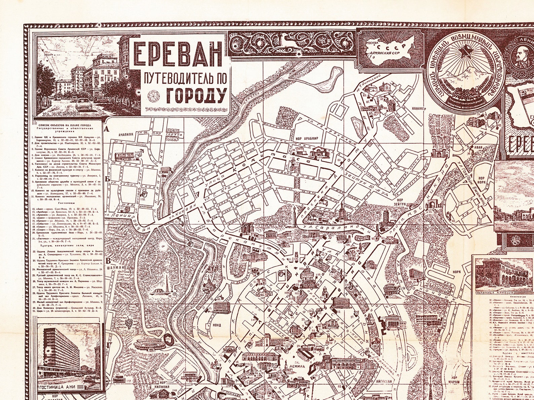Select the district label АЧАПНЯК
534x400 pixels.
coord(126,134)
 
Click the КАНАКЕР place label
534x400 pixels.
coord(418,109)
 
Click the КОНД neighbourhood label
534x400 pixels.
coord(216,325)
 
